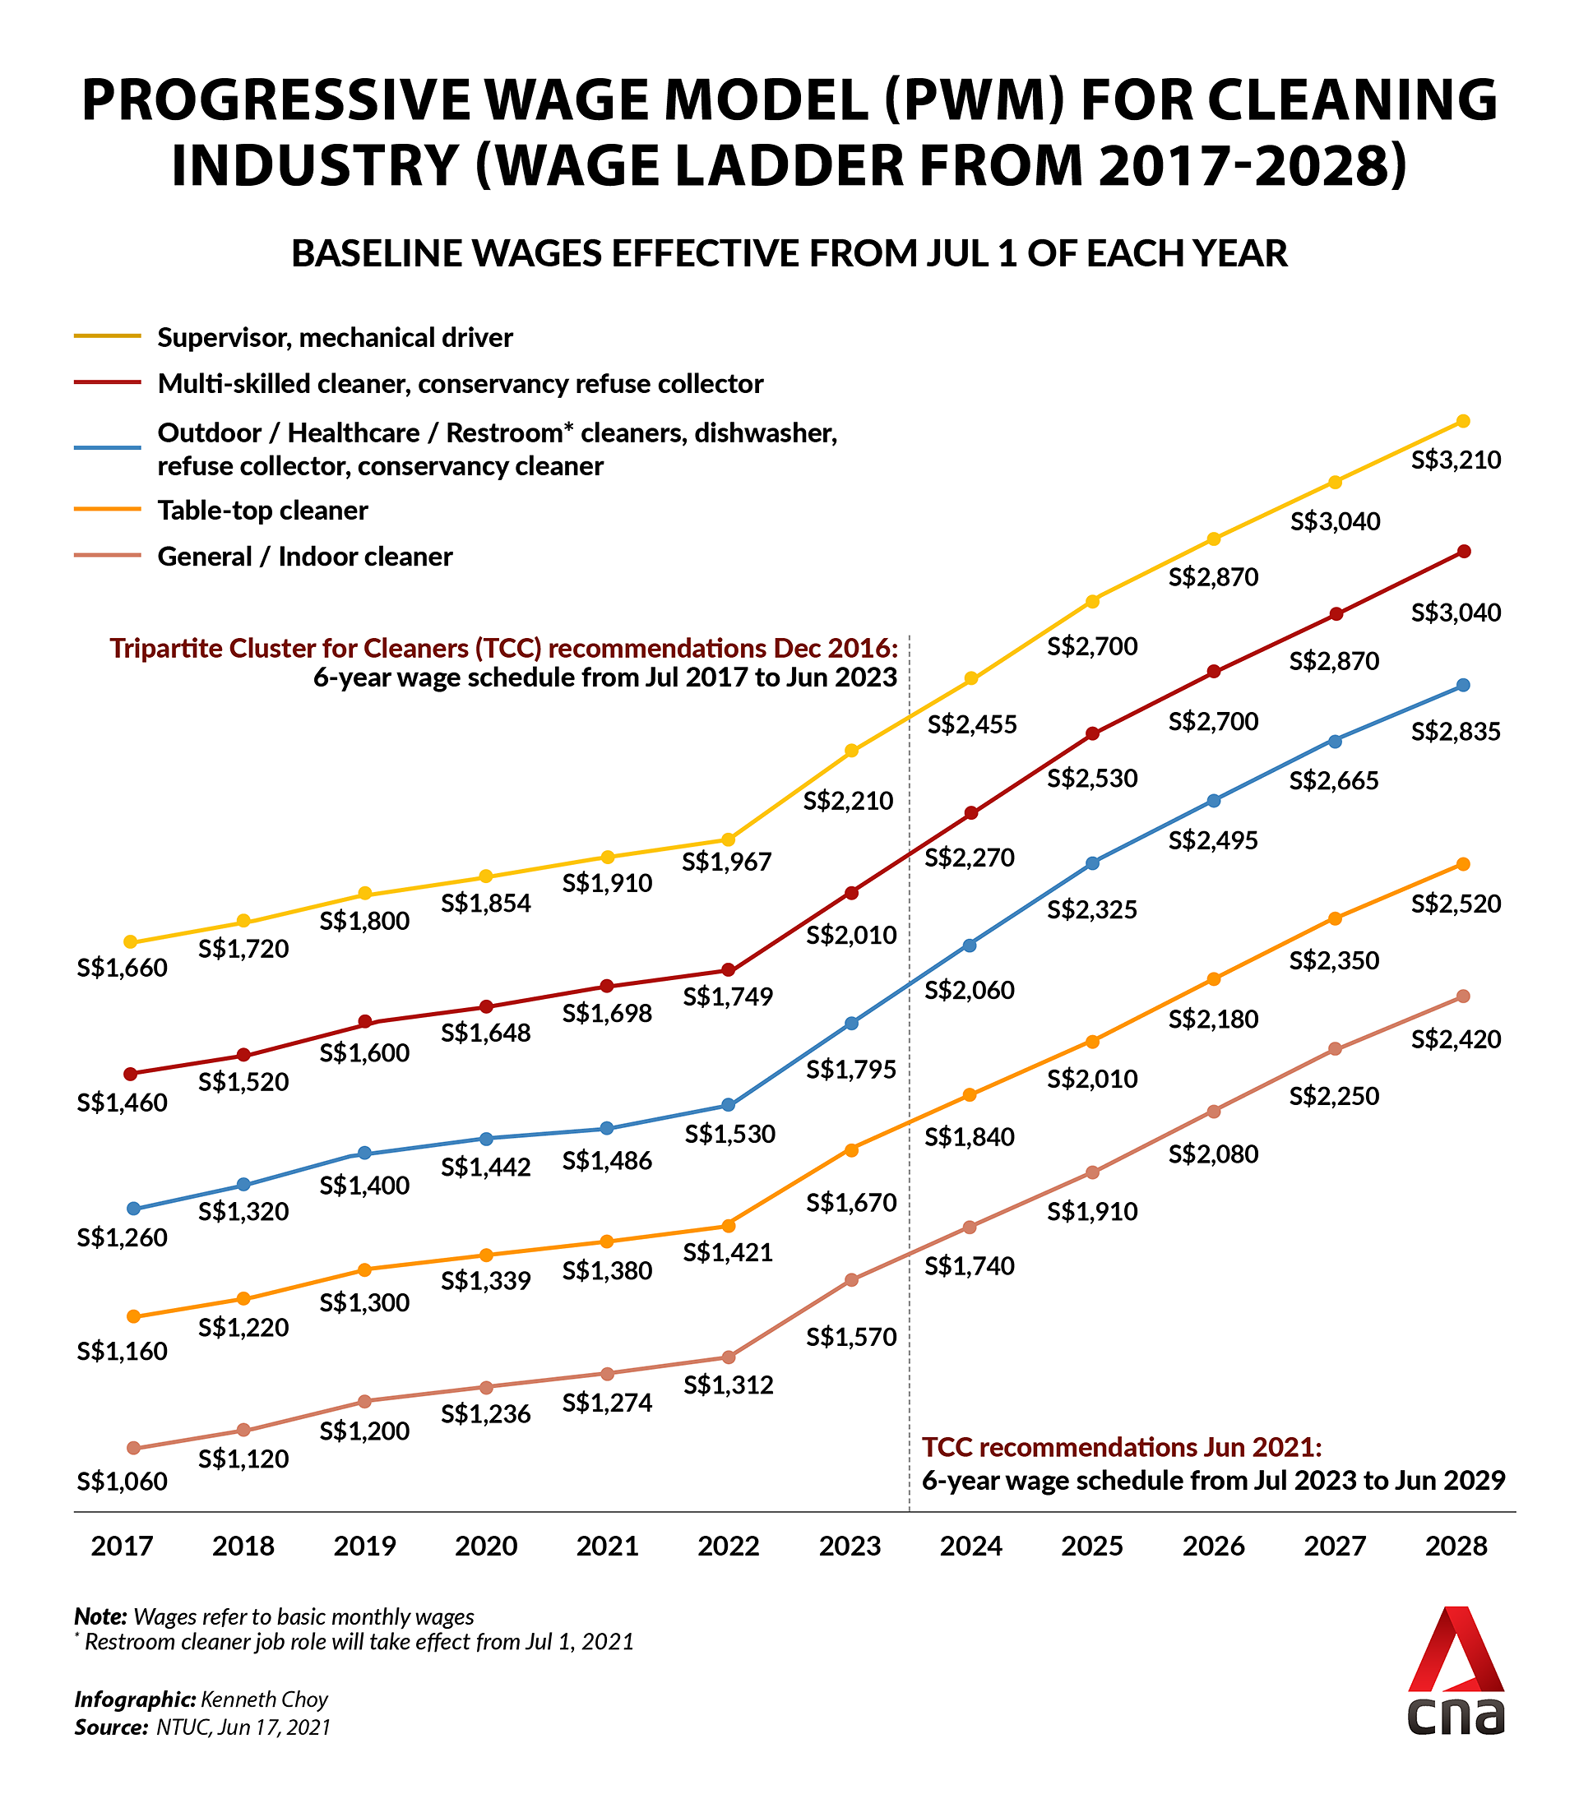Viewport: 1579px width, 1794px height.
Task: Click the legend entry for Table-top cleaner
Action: tap(262, 510)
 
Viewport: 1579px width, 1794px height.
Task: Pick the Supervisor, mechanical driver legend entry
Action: tap(335, 337)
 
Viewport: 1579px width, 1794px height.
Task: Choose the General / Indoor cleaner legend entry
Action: tap(304, 557)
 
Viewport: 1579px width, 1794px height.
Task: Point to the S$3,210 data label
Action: tap(1456, 459)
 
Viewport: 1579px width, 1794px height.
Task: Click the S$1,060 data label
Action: tap(122, 1481)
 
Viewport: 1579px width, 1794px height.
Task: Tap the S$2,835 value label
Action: tap(1456, 731)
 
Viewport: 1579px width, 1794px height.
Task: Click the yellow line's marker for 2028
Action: tap(1462, 421)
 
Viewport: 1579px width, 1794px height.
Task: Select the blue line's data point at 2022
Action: tap(728, 1104)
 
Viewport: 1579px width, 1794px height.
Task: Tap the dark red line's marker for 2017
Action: tap(132, 1074)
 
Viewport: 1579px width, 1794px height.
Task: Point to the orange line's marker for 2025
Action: tap(1092, 1041)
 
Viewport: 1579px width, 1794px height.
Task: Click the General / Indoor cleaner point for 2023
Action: tap(850, 1279)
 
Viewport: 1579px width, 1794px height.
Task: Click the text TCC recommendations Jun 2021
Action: tap(1121, 1446)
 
